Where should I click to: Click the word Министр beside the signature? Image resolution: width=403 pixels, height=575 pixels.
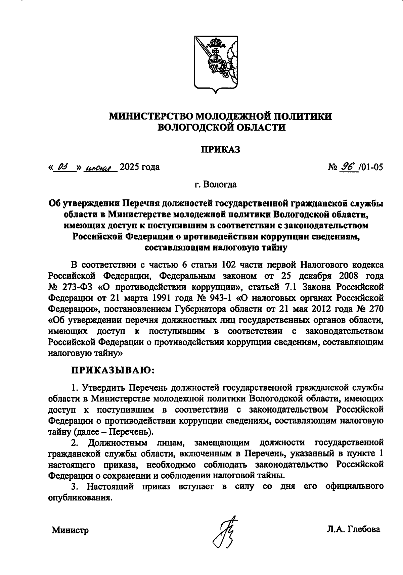pyautogui.click(x=70, y=530)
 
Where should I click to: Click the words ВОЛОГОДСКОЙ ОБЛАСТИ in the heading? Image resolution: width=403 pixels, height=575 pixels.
pyautogui.click(x=221, y=127)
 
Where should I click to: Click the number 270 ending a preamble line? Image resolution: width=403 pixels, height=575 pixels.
pyautogui.click(x=375, y=309)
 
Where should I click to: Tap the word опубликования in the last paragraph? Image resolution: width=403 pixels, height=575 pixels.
pyautogui.click(x=80, y=497)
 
